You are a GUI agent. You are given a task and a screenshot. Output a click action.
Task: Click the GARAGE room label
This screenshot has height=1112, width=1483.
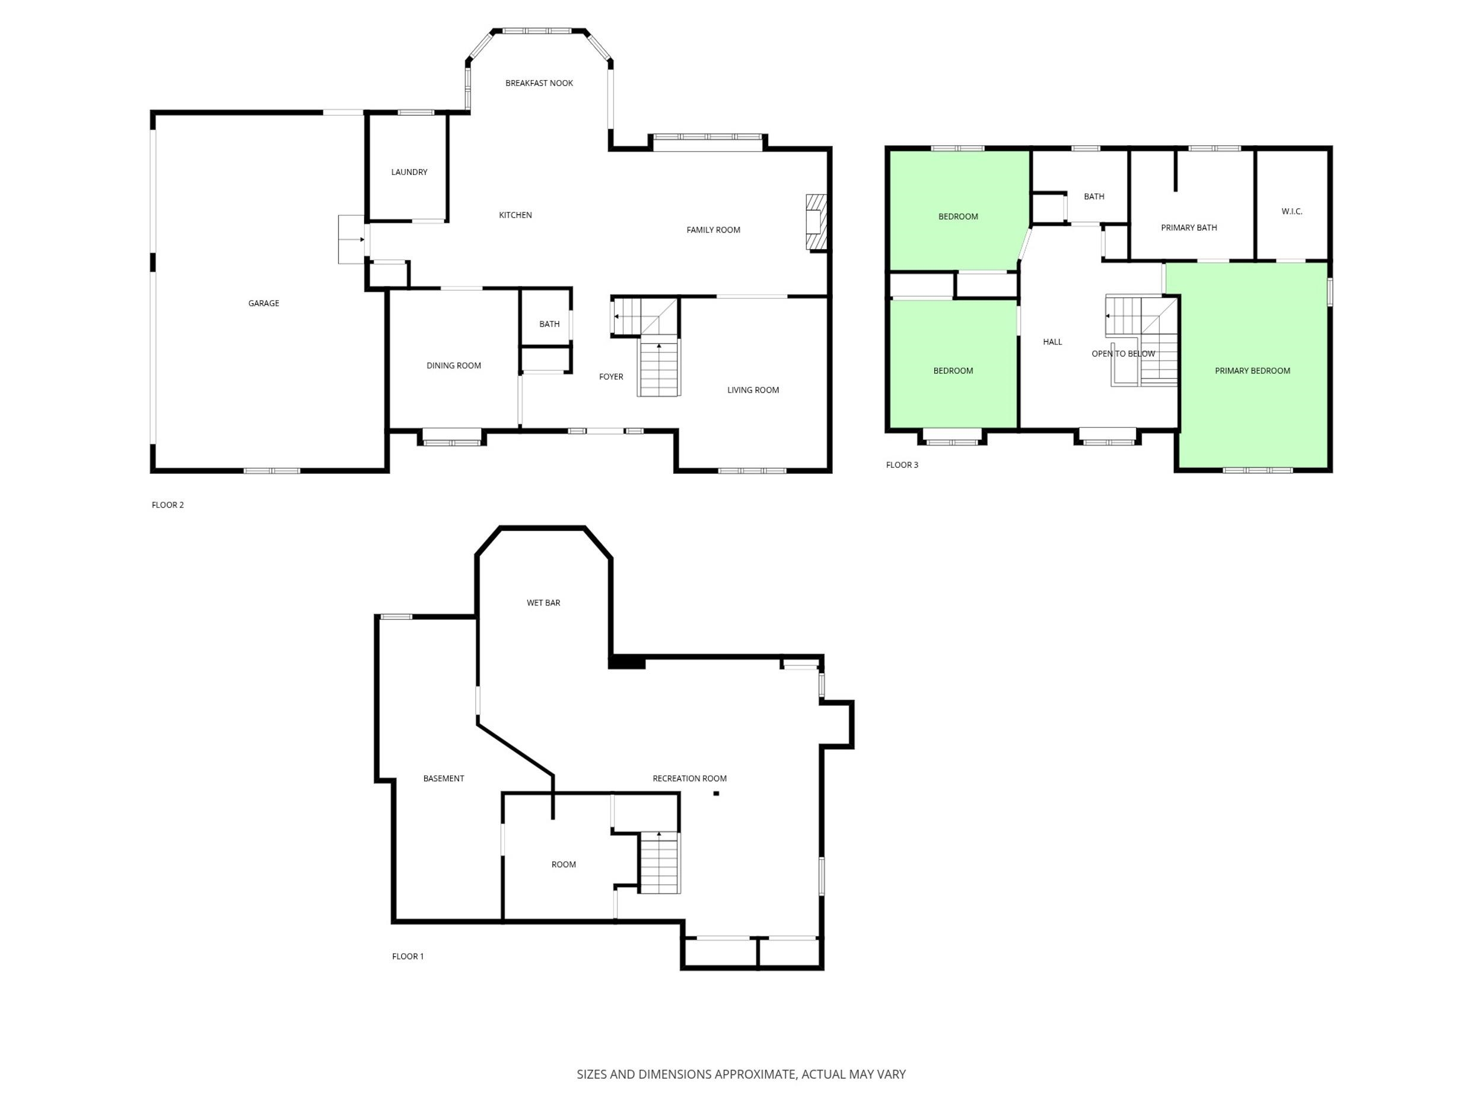click(x=263, y=304)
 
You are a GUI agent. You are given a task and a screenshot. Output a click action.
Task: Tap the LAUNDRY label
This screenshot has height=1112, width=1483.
click(x=409, y=172)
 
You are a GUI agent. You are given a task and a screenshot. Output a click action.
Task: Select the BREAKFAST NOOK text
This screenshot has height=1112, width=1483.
click(x=539, y=83)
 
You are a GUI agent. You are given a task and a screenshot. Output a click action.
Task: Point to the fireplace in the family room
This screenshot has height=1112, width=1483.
click(x=816, y=222)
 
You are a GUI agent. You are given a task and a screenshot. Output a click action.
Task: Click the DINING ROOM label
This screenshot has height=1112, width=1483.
click(x=454, y=366)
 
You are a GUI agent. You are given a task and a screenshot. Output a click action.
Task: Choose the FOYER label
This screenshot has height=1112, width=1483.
click(x=611, y=377)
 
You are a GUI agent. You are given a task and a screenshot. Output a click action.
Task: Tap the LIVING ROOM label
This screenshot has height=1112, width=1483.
click(x=753, y=390)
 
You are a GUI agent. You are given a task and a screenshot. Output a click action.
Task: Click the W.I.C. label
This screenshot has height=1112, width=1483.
click(x=1291, y=212)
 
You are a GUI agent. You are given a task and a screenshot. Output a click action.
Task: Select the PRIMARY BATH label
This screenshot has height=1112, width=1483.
click(x=1189, y=228)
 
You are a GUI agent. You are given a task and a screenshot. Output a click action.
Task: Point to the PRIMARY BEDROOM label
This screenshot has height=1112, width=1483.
click(x=1252, y=371)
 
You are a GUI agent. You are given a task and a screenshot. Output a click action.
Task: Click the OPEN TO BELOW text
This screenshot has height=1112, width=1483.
click(x=1123, y=354)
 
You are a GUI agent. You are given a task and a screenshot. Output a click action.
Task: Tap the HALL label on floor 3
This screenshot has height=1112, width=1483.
click(x=1052, y=342)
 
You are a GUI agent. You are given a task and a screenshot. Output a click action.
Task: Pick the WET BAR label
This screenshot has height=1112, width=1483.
click(x=543, y=603)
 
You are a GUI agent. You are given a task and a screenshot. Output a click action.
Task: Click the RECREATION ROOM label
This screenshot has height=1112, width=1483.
click(x=689, y=778)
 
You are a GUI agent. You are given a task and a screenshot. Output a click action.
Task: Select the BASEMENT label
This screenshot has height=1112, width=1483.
click(x=443, y=778)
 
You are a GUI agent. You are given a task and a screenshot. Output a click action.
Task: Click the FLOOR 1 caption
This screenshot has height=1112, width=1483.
click(x=408, y=957)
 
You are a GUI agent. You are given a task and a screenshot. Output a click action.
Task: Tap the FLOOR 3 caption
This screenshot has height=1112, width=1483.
click(x=902, y=465)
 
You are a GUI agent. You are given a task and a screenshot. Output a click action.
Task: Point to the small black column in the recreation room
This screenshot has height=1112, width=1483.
click(x=716, y=794)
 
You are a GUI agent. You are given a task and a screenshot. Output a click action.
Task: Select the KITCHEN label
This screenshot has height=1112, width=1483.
click(x=515, y=215)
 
